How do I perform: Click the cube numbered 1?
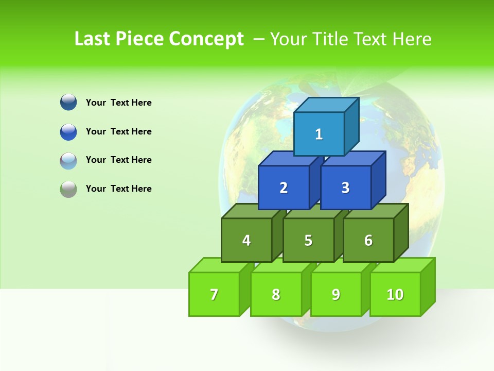319,134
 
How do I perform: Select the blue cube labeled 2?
284,188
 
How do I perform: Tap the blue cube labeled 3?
345,188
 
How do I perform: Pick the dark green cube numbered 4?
246,240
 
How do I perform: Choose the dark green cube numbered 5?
308,240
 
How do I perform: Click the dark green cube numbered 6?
368,240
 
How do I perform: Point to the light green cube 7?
214,294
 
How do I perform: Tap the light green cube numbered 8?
276,294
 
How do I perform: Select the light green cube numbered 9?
336,294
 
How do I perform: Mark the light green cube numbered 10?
395,294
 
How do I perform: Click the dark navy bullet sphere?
68,102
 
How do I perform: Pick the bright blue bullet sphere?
68,131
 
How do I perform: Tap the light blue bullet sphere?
68,160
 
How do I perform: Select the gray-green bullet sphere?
68,189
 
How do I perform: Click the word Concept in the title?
206,39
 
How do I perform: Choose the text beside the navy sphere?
119,103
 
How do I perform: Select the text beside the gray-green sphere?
119,189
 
